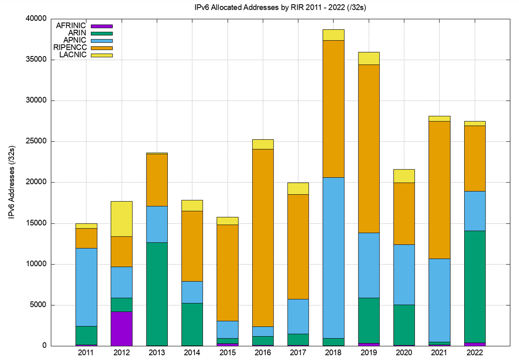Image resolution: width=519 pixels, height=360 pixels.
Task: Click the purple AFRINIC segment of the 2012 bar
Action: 121,329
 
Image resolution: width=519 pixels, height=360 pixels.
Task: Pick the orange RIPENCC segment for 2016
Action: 263,238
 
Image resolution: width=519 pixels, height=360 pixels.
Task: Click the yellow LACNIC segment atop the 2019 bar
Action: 369,59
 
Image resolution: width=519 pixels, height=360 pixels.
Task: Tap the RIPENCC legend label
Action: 71,48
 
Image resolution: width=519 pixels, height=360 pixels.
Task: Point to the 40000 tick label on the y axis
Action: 36,19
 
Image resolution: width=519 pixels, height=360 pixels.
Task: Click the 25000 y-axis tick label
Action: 36,142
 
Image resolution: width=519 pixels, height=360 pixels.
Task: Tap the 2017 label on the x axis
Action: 298,353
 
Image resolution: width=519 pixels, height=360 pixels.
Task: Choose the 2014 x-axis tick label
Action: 192,353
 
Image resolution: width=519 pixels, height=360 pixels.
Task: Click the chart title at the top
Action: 259,7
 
